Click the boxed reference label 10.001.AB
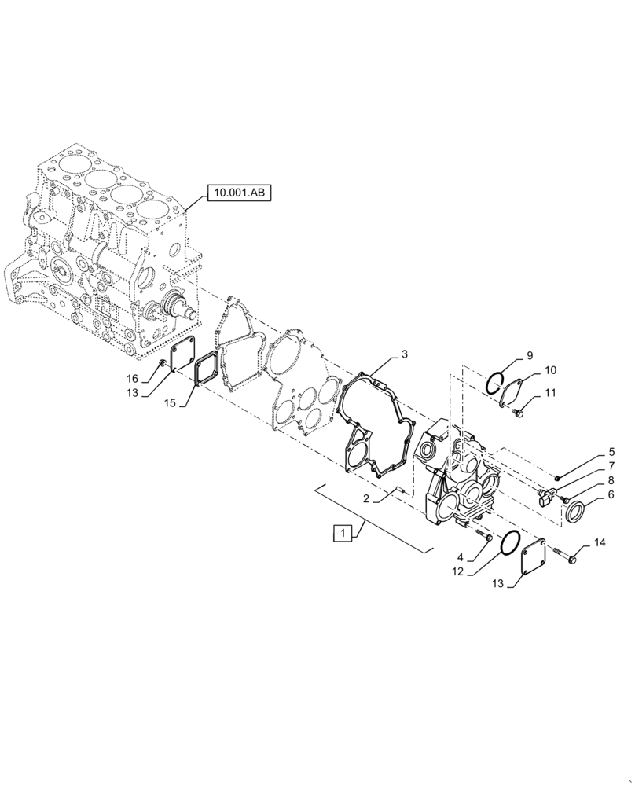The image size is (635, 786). tap(237, 191)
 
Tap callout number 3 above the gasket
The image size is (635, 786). tap(404, 354)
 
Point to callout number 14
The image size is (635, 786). tap(600, 542)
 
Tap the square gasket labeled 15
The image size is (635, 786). tap(205, 369)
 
